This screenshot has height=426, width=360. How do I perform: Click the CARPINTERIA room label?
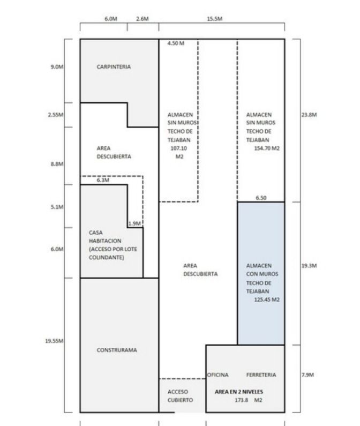coord(114,67)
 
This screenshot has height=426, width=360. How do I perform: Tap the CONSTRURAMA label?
coord(116,350)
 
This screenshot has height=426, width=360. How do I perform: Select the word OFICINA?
coord(218,375)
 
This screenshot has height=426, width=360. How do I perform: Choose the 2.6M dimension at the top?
coord(142,19)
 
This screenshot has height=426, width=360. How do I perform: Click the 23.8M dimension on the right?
coord(309,115)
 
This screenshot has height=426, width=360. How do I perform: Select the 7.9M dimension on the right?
coord(307,375)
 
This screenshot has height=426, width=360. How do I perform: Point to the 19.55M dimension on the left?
coord(55,341)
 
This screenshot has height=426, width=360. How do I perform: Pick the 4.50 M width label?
coord(176,43)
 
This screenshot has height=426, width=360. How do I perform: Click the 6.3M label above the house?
coord(103,181)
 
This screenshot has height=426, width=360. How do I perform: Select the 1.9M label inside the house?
coord(134,223)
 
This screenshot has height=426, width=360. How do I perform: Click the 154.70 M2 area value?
coord(266,148)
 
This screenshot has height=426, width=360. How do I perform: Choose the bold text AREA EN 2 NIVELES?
coord(242,392)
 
